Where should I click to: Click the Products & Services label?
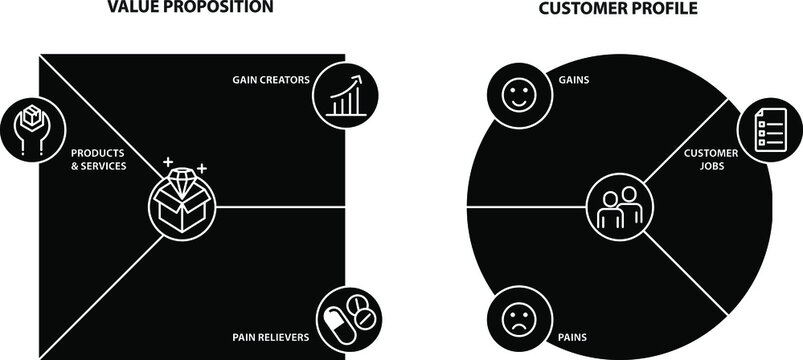(99, 159)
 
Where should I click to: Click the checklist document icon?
(764, 130)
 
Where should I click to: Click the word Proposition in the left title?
(233, 6)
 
